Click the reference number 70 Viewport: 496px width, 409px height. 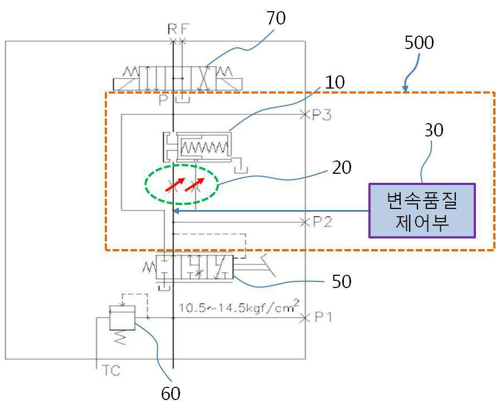276,18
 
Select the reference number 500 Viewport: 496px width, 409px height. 419,43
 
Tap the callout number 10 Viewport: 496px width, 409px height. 335,82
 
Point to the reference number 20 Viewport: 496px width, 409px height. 342,168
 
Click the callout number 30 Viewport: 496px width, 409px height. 434,130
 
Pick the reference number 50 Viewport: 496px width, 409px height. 342,281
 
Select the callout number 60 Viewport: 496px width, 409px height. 171,394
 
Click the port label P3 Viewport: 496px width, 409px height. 322,115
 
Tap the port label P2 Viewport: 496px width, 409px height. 322,222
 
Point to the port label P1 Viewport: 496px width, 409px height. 323,317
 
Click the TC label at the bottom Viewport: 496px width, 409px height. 111,371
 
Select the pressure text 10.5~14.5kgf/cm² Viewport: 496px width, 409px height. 239,306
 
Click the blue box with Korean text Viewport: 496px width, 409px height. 422,211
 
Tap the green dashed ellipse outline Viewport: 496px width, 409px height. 182,165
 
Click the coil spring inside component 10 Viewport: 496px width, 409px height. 204,147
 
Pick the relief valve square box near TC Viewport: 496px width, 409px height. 122,318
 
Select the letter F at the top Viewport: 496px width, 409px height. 184,29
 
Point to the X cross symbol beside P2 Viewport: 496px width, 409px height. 304,222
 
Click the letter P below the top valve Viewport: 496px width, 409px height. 163,100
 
